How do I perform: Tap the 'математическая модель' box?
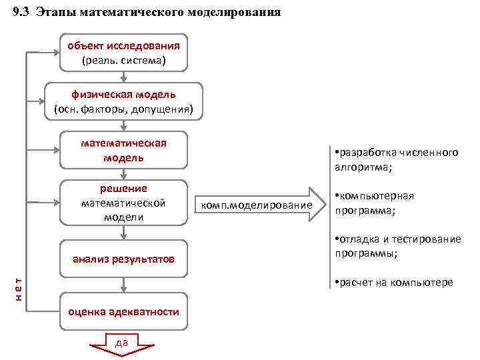pos(123,151)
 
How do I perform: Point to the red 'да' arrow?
pos(122,343)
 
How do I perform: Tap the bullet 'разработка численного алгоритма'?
pos(396,160)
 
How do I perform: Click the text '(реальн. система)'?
pos(123,61)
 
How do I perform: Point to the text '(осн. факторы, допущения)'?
pos(123,109)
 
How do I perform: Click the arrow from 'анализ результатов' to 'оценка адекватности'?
pos(123,283)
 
